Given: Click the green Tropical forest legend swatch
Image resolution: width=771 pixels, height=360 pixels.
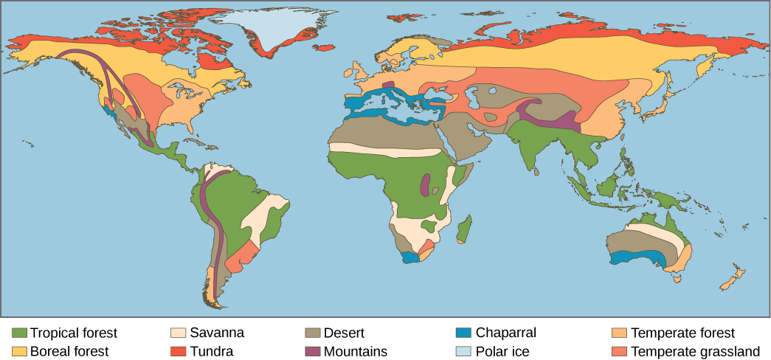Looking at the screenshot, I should (20, 333).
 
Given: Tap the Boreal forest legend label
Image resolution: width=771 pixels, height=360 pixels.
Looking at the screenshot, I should (69, 351).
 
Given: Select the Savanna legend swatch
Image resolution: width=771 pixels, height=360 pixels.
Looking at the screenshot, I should (178, 333).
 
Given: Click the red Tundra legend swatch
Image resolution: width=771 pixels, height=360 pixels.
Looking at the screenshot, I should (178, 351).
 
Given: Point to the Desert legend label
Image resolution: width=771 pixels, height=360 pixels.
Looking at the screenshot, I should (344, 333).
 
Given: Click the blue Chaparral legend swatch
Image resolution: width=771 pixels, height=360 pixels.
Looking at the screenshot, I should (463, 333).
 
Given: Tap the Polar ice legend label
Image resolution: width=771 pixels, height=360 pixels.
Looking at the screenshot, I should (503, 351).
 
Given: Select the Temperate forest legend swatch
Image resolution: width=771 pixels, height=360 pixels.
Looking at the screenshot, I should (620, 333).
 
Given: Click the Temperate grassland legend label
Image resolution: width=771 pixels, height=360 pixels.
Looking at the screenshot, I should (696, 351).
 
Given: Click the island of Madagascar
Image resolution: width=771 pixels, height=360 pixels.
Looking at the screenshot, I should (464, 229).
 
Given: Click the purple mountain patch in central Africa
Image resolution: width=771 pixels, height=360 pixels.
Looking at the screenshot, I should (425, 185).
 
